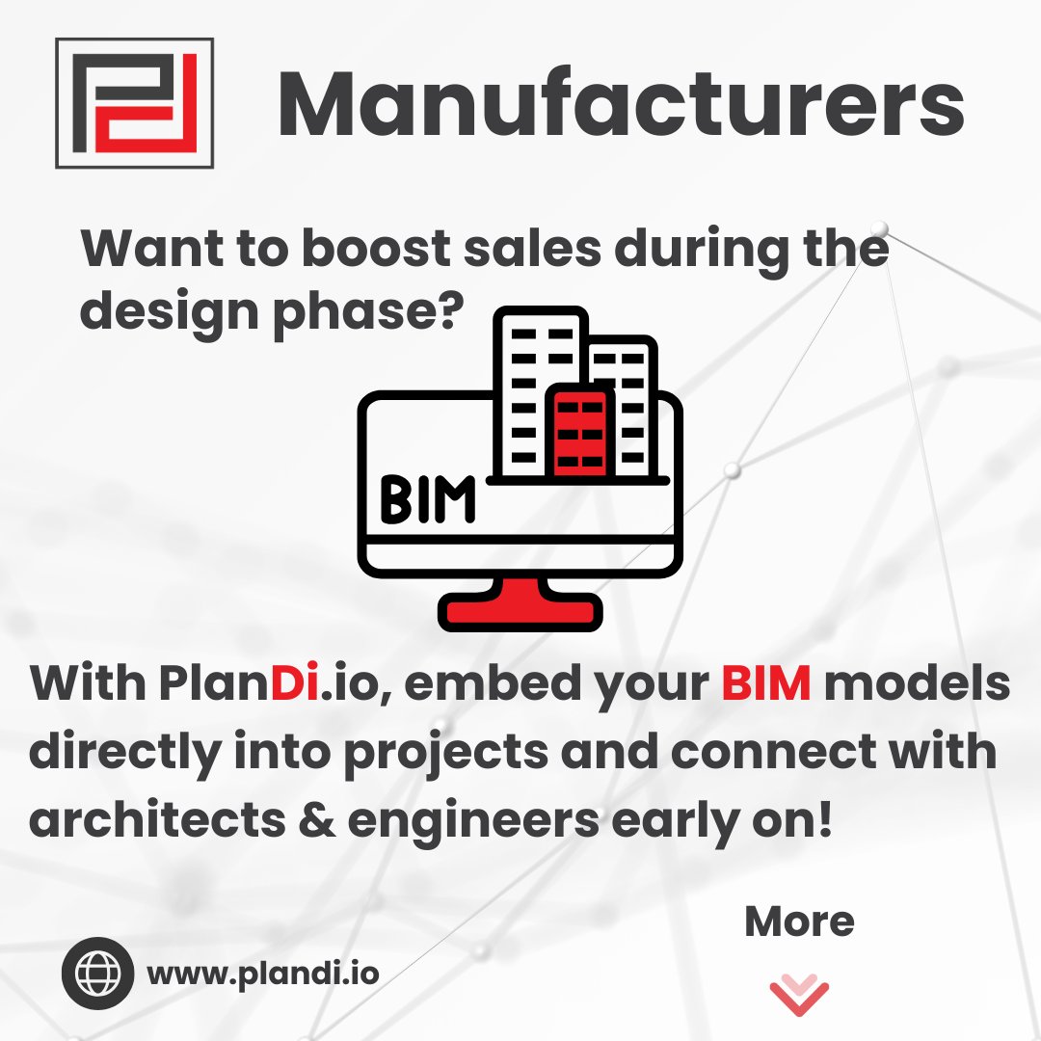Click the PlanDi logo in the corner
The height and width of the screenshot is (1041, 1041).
coord(134,103)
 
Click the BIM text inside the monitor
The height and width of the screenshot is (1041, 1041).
coord(427,498)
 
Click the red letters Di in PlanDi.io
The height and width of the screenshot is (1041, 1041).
coord(294,685)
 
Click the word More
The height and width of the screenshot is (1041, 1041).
coord(799,922)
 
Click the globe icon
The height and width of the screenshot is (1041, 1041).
coord(97,973)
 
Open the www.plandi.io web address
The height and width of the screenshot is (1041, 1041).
coord(263,973)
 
